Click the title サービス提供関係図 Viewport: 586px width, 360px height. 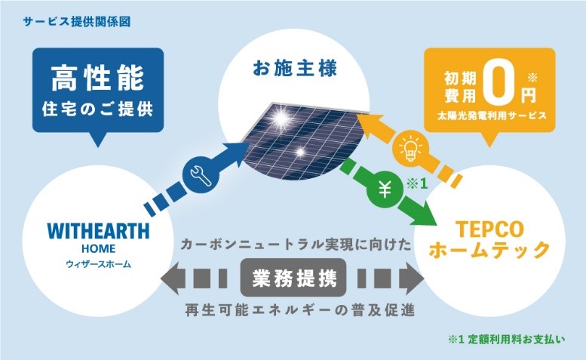[x=77, y=22]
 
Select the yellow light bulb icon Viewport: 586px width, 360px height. [x=410, y=148]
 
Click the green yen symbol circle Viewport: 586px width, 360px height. [x=384, y=190]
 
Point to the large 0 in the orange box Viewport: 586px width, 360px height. [x=499, y=85]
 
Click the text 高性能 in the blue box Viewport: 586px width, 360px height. [x=98, y=78]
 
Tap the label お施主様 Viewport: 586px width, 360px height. [x=295, y=69]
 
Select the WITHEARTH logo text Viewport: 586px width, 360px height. [x=98, y=231]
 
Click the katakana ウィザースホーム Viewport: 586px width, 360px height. [x=98, y=264]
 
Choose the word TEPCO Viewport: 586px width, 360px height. [x=489, y=229]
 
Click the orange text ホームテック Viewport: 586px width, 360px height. [x=489, y=250]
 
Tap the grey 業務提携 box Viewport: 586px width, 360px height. [x=293, y=278]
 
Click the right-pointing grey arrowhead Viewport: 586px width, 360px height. [x=412, y=278]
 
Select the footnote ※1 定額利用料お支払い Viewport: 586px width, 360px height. [x=506, y=339]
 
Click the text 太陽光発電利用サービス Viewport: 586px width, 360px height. [x=492, y=115]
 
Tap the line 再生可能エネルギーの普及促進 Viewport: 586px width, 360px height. [x=299, y=310]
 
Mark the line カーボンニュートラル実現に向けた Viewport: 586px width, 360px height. [x=296, y=245]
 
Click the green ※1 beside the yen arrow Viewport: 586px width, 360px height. [x=416, y=184]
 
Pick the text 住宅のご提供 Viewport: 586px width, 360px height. [x=98, y=109]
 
